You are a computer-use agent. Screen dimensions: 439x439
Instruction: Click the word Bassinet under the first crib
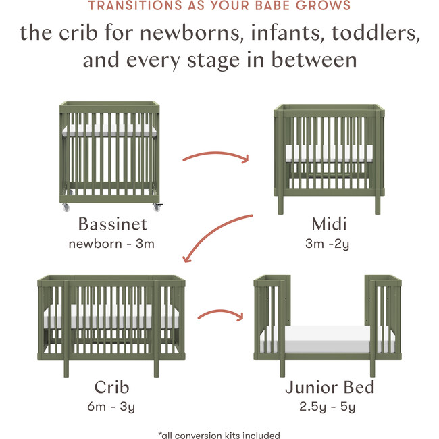pos(111,224)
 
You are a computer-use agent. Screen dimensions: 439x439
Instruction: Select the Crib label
pos(111,387)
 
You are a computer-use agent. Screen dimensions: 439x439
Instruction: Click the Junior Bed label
pos(329,387)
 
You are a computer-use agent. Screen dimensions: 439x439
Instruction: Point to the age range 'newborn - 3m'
pos(111,243)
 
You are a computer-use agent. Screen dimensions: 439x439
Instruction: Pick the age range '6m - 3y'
pos(111,407)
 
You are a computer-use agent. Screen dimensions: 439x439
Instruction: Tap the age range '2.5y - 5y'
pos(329,407)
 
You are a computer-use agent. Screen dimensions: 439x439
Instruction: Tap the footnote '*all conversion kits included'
pos(219,435)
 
